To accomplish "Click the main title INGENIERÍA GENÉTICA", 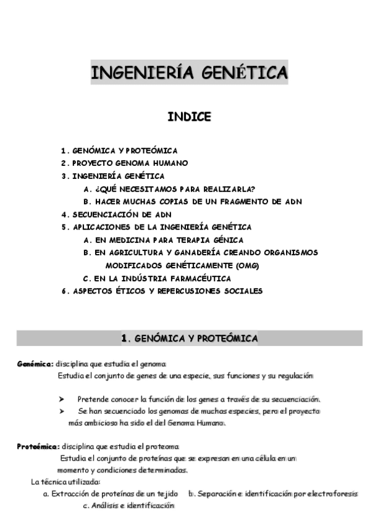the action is click(189, 73).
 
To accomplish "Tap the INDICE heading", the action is click(189, 117).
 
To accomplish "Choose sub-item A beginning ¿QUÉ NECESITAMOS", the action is click(169, 189).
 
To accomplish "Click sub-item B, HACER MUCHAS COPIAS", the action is click(192, 202).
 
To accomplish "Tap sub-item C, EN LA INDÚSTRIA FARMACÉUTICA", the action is click(157, 278).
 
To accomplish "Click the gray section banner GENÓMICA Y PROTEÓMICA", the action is click(189, 338).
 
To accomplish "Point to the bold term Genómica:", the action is click(35, 364).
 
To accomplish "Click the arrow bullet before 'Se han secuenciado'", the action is click(62, 411).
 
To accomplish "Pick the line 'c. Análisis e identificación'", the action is click(128, 506).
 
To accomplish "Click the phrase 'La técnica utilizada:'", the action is click(65, 482).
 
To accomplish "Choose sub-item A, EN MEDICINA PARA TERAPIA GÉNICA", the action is click(163, 240).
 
